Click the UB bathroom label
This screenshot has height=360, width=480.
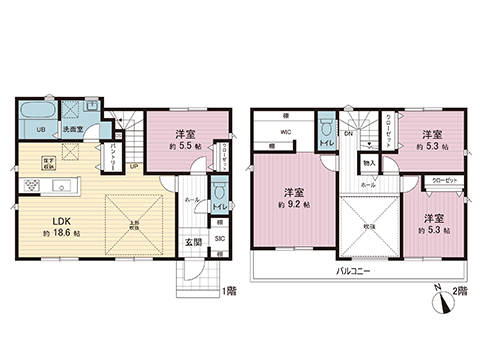pyautogui.click(x=30, y=129)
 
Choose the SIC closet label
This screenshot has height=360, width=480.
pyautogui.click(x=219, y=238)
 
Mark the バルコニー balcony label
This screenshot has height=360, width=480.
pyautogui.click(x=352, y=271)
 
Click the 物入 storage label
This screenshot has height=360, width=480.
pyautogui.click(x=369, y=163)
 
